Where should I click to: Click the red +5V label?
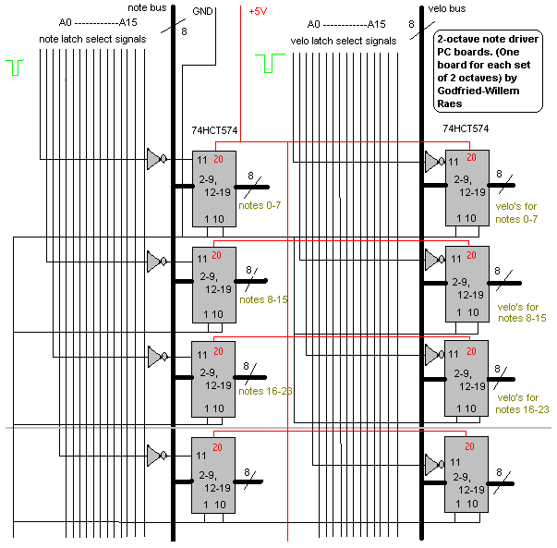[260, 12]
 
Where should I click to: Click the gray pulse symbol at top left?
[15, 67]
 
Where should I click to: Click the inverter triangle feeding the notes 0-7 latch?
[154, 160]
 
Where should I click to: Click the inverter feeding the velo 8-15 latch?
[431, 260]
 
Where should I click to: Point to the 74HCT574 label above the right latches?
[466, 128]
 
